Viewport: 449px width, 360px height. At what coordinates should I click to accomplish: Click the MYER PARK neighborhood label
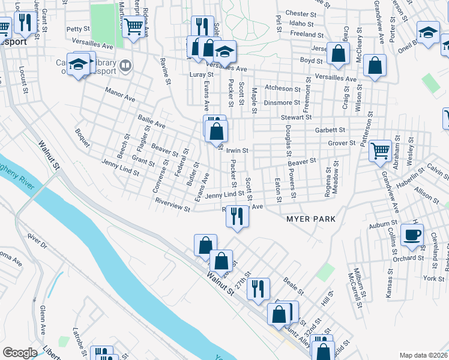pyautogui.click(x=307, y=219)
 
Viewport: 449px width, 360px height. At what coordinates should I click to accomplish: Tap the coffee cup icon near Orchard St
pyautogui.click(x=412, y=234)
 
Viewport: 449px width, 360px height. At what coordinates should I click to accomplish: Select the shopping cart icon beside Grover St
pyautogui.click(x=379, y=151)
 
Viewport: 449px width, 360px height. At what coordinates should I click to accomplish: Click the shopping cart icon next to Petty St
pyautogui.click(x=133, y=25)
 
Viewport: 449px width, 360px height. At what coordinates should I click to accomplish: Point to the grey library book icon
pyautogui.click(x=125, y=65)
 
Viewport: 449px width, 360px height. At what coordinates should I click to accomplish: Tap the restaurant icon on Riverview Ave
pyautogui.click(x=238, y=216)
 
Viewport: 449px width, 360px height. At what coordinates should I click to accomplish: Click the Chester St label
pyautogui.click(x=301, y=13)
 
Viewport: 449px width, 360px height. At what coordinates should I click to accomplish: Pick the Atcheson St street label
pyautogui.click(x=282, y=88)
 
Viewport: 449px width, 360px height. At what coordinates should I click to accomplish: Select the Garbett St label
pyautogui.click(x=330, y=130)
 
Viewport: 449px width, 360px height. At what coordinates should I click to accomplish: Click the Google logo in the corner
pyautogui.click(x=20, y=353)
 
